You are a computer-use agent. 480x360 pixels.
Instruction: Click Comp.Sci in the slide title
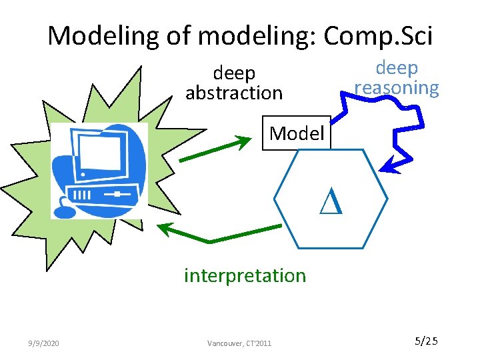point(378,35)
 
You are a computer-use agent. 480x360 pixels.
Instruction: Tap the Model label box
point(297,133)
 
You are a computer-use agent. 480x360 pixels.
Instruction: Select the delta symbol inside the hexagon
point(331,201)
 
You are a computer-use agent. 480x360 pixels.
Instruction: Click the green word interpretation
point(245,275)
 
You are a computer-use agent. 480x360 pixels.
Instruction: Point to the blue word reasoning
point(397,88)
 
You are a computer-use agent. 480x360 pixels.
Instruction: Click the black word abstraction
point(234,93)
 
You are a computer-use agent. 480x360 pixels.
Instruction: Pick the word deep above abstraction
point(234,73)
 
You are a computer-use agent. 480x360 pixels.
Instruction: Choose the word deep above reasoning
point(397,68)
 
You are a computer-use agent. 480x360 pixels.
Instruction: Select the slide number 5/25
point(426,342)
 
